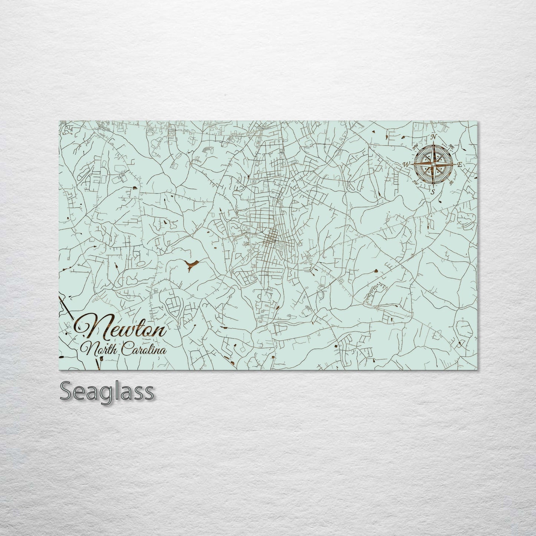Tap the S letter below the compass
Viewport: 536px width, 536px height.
tap(433, 192)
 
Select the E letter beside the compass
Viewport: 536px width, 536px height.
tap(460, 164)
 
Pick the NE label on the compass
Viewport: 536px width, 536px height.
tap(451, 146)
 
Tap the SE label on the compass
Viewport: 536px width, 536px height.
tap(451, 182)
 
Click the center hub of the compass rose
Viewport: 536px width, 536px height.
tap(433, 164)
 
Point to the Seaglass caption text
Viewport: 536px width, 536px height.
tap(106, 391)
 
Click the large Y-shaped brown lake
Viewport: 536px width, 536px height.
tap(192, 264)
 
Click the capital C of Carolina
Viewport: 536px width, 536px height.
tap(126, 349)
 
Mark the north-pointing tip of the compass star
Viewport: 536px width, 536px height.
tap(433, 143)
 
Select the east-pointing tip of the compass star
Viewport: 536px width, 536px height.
tap(455, 164)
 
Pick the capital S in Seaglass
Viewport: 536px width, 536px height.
tap(66, 391)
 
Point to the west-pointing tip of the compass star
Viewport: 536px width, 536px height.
tap(411, 164)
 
